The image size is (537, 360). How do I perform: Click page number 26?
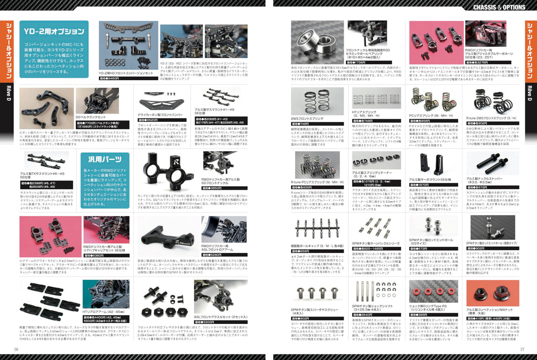click(x=15, y=350)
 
